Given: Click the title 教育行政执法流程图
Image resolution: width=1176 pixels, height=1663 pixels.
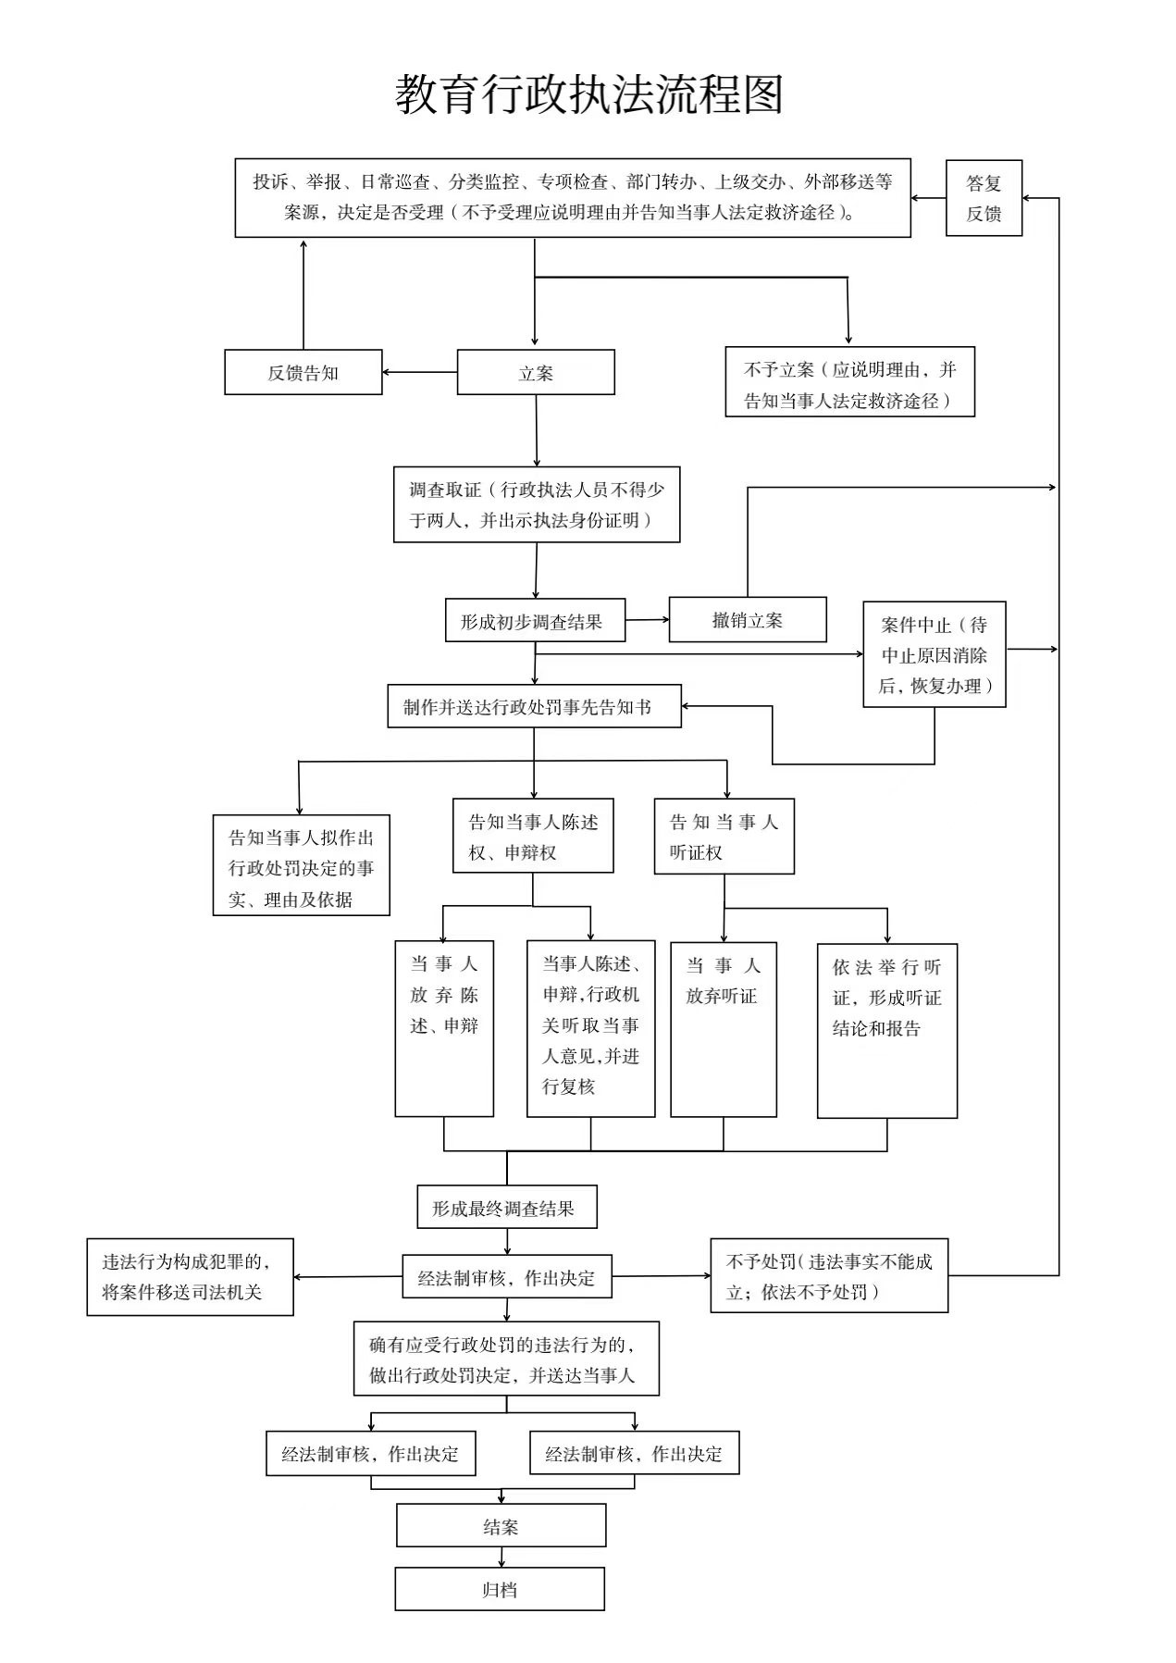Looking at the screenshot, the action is coord(589,95).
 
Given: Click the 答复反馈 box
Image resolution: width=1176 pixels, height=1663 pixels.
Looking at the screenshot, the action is coord(984,198).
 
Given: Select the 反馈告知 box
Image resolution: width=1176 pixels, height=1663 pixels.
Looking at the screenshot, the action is coord(303,372).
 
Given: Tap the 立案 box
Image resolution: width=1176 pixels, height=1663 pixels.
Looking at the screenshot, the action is coord(536,372).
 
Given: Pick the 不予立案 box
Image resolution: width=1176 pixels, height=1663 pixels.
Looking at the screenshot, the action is coord(849,382).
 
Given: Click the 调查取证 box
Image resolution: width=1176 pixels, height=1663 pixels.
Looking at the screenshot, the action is coord(537,504).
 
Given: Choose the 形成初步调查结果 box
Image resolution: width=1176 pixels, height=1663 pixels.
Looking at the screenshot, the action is coord(536,620).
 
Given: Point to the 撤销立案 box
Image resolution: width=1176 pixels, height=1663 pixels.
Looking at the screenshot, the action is coord(748,619).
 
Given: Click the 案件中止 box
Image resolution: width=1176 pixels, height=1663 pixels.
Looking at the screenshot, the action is coord(935,654).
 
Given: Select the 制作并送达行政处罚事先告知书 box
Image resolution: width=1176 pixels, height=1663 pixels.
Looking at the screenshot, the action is coord(534,706).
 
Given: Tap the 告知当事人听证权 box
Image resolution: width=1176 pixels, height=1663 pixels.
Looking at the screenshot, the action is coord(724,836).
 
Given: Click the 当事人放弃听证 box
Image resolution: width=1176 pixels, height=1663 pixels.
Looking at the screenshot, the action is coord(724,1029).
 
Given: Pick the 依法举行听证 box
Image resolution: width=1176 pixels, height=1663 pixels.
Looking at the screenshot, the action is coord(887,1031).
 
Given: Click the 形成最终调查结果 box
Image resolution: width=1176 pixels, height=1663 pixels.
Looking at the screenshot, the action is coord(507,1207).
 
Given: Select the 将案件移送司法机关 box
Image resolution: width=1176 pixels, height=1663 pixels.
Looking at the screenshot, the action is coord(190,1277).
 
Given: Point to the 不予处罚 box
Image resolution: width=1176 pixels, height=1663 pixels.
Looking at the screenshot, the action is coord(829,1275).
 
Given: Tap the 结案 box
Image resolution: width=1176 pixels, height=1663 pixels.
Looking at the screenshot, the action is coord(501,1525).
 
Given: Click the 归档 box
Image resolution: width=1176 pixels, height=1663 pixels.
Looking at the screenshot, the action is coord(500,1589).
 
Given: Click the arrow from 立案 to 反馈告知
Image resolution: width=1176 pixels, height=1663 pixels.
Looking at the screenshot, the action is coord(420,373).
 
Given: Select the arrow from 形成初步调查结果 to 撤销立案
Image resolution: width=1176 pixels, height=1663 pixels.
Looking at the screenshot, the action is coord(647,620).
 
